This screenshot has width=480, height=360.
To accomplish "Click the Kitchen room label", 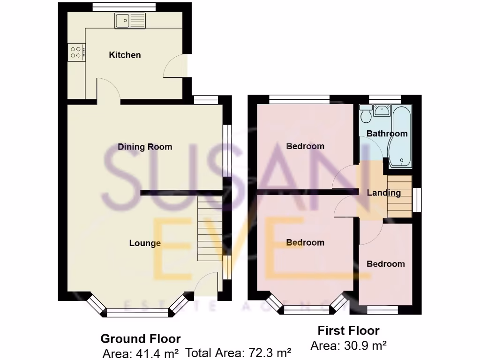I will [x=125, y=55].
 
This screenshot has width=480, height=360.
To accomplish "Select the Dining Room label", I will [x=145, y=147].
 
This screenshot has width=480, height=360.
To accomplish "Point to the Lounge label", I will [x=145, y=243].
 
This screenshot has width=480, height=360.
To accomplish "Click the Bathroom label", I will [x=387, y=134].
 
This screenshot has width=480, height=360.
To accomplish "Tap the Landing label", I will [x=383, y=193].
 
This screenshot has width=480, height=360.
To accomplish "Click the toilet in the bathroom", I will [x=365, y=113].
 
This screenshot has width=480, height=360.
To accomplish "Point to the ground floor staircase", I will [x=210, y=228].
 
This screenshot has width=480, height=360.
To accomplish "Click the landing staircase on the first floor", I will [x=399, y=196].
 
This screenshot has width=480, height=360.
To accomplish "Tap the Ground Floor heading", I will [x=141, y=338].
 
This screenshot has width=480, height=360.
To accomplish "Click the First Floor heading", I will [x=348, y=331].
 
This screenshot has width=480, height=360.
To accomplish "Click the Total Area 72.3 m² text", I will [x=239, y=353].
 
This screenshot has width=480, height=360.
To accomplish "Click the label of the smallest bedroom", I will [x=385, y=264].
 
